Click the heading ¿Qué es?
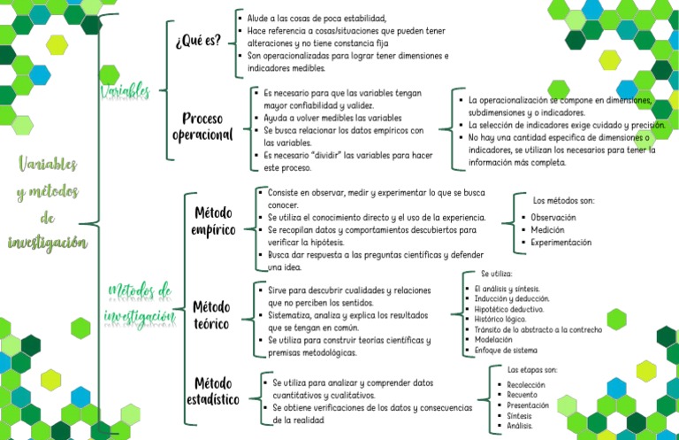[198, 42]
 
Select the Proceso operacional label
[202, 127]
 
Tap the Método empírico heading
[213, 221]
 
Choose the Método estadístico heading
[213, 390]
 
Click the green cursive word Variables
[126, 90]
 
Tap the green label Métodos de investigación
[139, 302]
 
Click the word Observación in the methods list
[553, 217]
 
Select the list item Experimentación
[561, 242]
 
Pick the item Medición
[548, 229]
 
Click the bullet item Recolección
[526, 385]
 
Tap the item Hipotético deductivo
[508, 310]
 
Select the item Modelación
[492, 340]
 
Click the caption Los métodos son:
[564, 201]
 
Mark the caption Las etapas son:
[532, 369]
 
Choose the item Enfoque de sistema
[506, 351]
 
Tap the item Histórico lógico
[500, 320]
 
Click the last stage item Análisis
[520, 425]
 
